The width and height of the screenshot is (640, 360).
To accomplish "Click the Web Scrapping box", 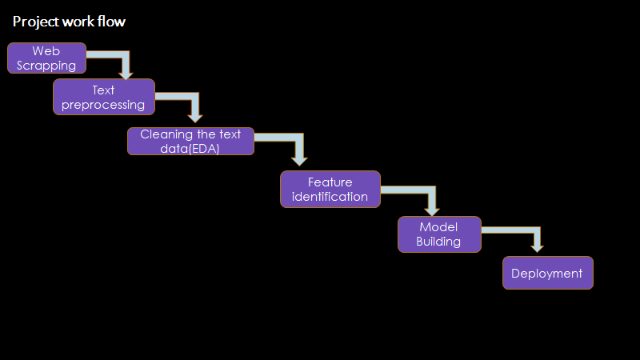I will [46, 58].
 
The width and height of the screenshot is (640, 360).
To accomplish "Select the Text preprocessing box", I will [104, 97].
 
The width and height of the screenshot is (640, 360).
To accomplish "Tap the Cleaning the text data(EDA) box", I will [190, 141].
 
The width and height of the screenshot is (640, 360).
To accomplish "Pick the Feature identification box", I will [330, 190].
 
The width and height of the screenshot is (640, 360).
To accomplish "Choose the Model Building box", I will [439, 234].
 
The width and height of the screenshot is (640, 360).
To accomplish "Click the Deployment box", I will [547, 273].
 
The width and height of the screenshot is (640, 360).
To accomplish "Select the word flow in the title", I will [112, 22].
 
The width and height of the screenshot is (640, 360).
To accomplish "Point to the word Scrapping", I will [46, 66].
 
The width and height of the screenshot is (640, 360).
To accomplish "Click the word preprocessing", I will [103, 104].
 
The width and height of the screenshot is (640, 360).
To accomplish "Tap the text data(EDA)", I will [190, 148].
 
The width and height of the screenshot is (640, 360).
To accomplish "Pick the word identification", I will [330, 197].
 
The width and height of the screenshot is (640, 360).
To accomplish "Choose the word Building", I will [438, 242].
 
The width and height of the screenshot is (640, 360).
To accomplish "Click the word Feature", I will [330, 182].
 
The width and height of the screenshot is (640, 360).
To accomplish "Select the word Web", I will [46, 51].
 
